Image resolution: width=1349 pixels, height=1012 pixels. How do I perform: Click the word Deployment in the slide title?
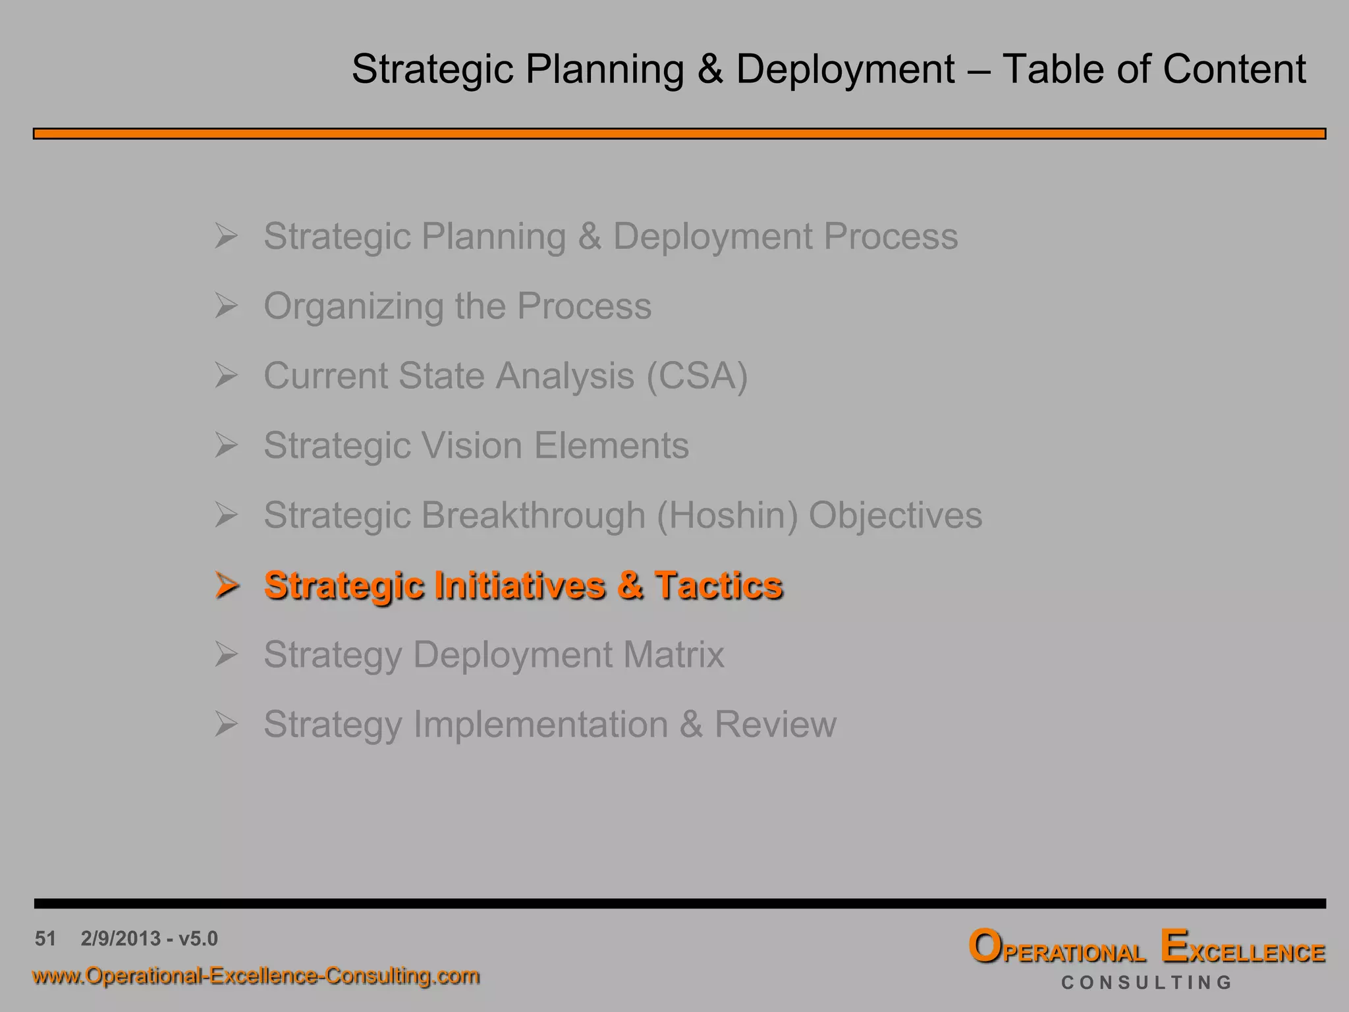coord(845,69)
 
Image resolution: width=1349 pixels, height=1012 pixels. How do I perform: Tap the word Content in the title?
coord(1234,69)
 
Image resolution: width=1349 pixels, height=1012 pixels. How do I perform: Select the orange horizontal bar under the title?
coord(678,134)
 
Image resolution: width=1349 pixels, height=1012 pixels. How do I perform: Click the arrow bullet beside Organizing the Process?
coord(226,306)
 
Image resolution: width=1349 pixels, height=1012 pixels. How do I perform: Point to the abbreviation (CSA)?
coord(697,376)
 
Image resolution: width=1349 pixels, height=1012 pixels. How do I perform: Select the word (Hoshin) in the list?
coord(727,515)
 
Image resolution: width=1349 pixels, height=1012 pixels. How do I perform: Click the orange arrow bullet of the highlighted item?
coord(226,585)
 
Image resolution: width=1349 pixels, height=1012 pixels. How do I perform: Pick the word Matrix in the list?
coord(673,655)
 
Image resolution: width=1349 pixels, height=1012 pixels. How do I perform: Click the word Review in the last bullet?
coord(775,725)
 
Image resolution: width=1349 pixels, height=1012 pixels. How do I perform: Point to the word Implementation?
coord(540,725)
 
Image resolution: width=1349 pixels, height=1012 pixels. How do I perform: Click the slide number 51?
coord(45,938)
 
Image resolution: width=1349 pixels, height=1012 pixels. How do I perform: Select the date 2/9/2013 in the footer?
coord(121,938)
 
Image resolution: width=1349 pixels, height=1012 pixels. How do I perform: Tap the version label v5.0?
coord(198,938)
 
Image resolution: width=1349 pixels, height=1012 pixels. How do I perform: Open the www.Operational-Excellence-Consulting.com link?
coord(256,976)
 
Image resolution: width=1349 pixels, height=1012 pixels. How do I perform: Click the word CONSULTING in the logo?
coord(1146,982)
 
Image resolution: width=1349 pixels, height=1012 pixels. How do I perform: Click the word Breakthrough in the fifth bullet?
coord(533,515)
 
